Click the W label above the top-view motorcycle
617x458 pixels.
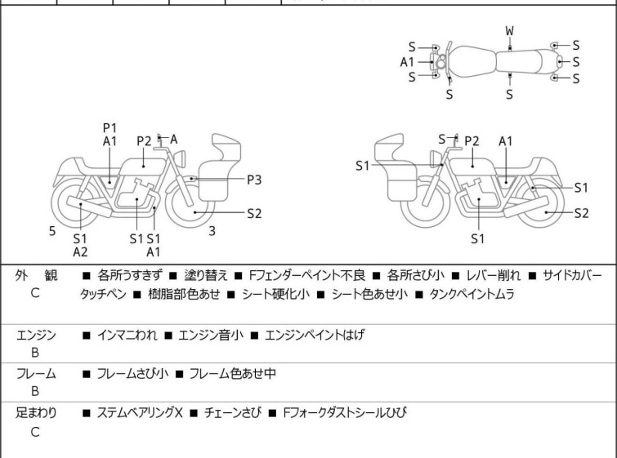[509, 31]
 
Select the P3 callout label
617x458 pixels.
[255, 179]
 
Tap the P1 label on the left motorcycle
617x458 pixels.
[110, 128]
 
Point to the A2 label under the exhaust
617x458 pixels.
[80, 252]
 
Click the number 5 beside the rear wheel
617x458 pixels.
[52, 231]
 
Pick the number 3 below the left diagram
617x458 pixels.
[212, 231]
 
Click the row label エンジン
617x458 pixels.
[36, 335]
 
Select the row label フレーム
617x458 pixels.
[36, 374]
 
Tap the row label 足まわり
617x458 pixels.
[36, 413]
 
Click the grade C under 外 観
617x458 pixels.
[35, 293]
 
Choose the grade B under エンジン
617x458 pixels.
[35, 353]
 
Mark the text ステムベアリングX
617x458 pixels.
[139, 413]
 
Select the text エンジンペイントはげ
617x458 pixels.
[314, 336]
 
